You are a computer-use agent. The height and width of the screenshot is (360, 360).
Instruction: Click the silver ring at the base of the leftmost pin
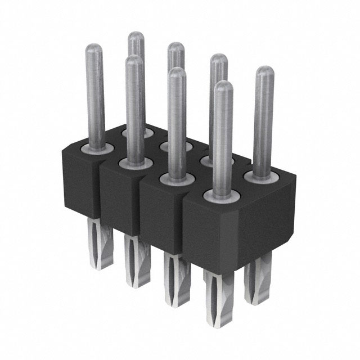click(x=96, y=148)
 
